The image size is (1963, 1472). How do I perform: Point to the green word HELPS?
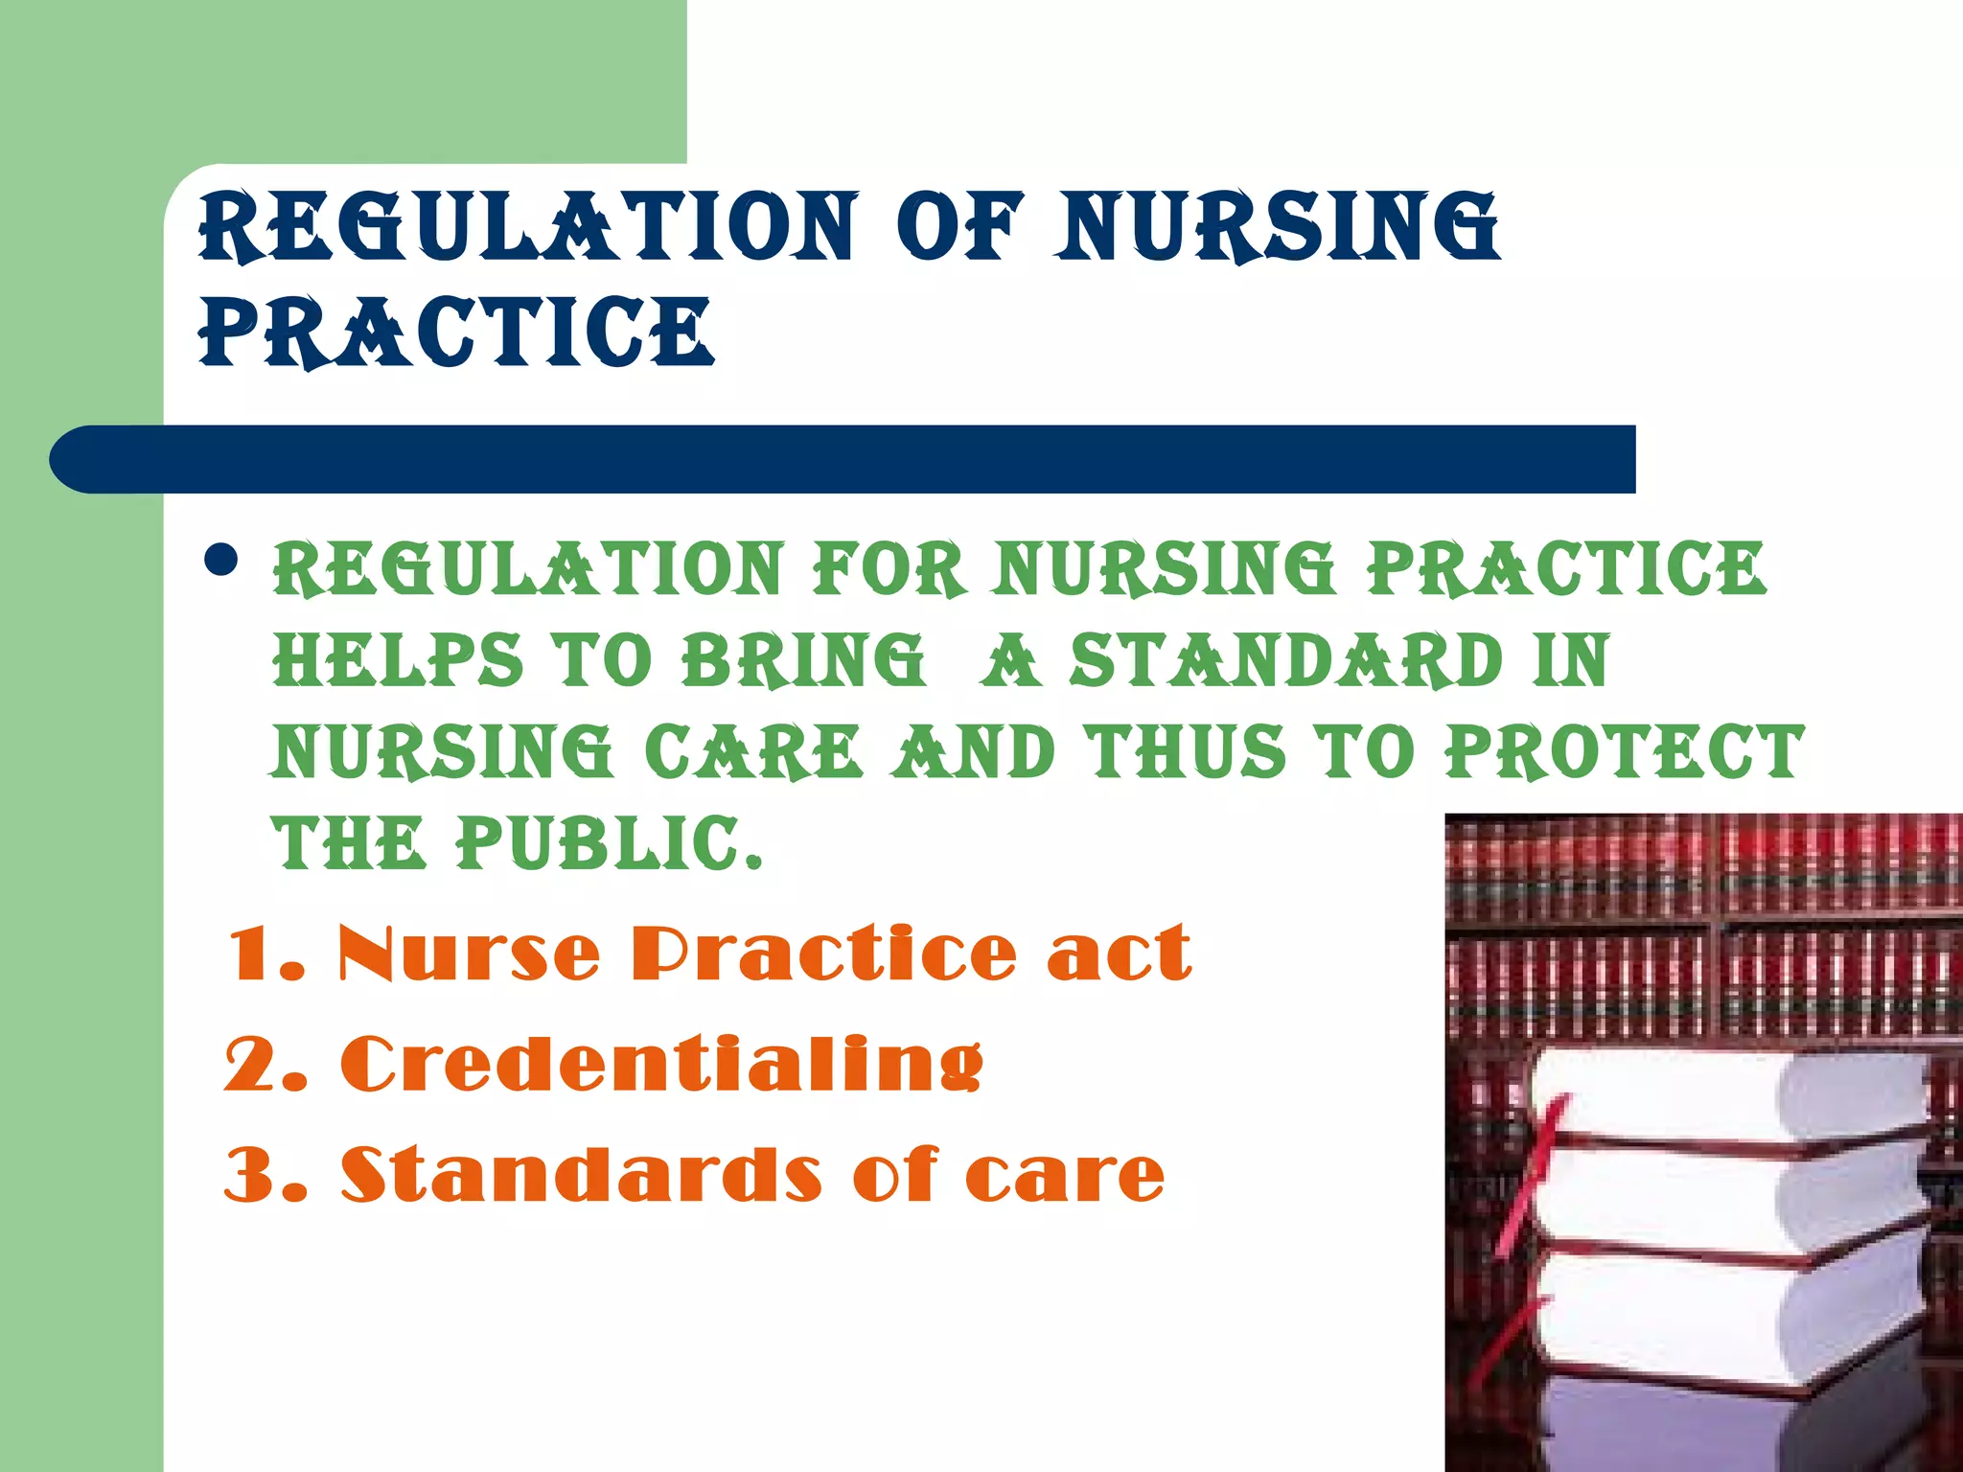click(x=398, y=660)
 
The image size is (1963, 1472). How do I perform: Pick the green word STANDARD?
click(x=1285, y=660)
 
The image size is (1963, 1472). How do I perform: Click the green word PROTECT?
click(x=1625, y=751)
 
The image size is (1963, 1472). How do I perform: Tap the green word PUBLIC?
click(x=609, y=843)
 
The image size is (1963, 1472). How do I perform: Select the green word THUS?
click(x=1185, y=751)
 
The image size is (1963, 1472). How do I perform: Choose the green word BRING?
click(x=803, y=660)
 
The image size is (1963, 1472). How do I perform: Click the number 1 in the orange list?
click(x=251, y=954)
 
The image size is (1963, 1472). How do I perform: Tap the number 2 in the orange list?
click(x=251, y=1065)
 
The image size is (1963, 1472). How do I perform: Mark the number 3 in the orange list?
click(x=251, y=1175)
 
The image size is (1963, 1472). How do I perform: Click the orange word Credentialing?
click(x=661, y=1065)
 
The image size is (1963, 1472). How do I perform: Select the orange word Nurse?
click(x=470, y=954)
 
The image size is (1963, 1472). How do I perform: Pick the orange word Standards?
click(x=581, y=1175)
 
